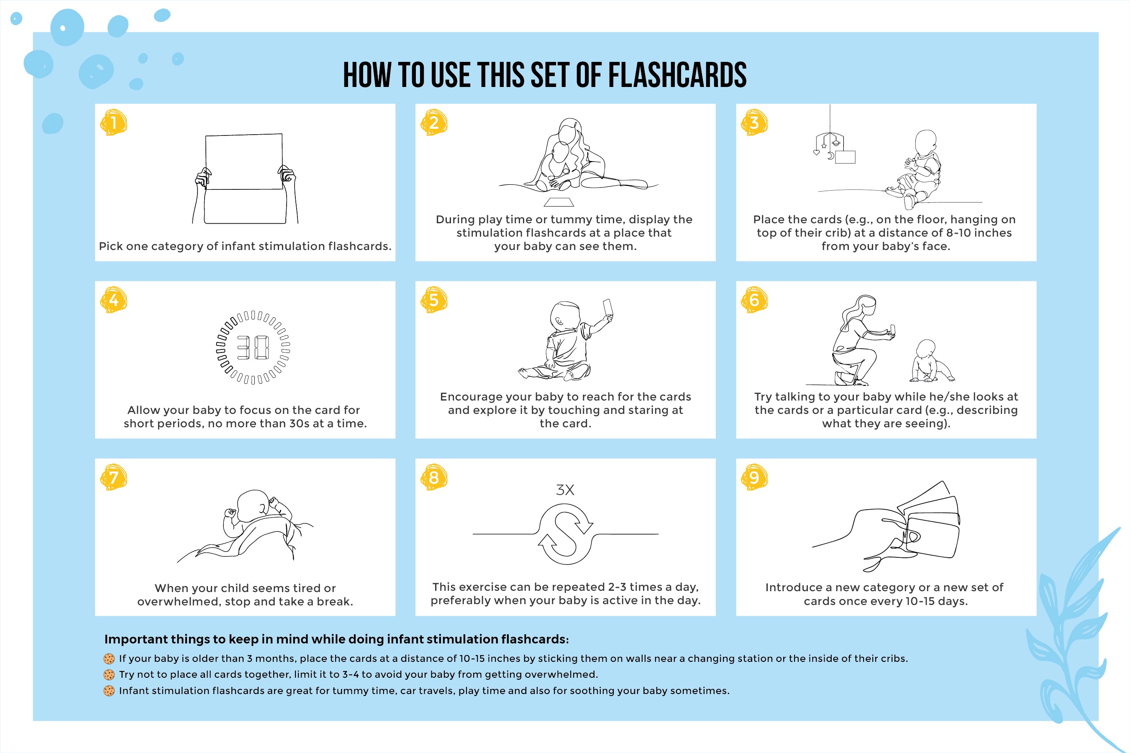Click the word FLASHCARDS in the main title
[677, 75]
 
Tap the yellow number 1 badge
[113, 123]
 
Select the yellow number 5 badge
[434, 300]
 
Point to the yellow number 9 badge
[754, 477]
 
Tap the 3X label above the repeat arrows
[565, 490]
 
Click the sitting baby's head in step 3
[926, 142]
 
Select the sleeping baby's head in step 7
[253, 505]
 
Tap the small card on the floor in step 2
[559, 201]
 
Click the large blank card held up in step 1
[244, 162]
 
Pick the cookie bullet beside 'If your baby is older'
[109, 659]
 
